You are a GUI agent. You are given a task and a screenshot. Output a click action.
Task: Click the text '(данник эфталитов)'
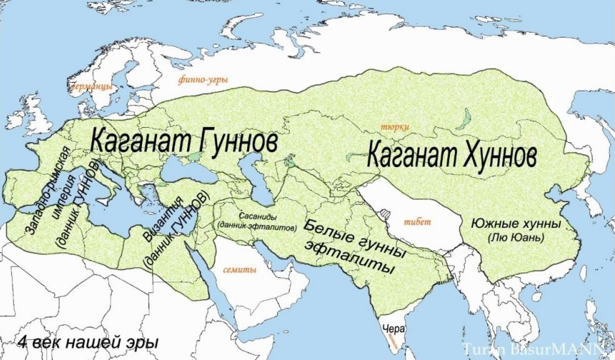click(257, 226)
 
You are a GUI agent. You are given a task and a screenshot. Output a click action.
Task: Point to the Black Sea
click(187, 171)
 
